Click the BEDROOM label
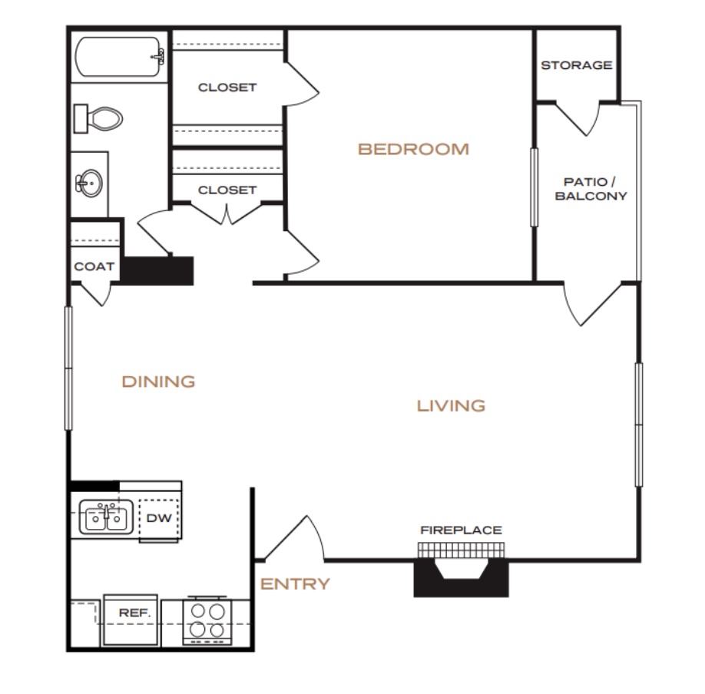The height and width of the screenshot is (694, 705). point(413,149)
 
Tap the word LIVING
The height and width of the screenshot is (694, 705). point(451,406)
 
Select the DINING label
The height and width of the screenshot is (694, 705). point(158,382)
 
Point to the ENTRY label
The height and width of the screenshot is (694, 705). point(295,584)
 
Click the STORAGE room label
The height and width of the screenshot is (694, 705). point(577,65)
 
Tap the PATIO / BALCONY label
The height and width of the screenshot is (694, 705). point(591,189)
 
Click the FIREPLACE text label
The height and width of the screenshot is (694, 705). point(461,530)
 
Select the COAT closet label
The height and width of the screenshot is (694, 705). point(94,266)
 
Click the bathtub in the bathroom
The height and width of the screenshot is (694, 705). point(119,57)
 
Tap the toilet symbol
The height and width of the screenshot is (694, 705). point(98,119)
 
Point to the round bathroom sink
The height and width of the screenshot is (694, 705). point(90,183)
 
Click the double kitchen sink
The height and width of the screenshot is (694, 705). point(106,517)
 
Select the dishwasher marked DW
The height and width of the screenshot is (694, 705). point(159,519)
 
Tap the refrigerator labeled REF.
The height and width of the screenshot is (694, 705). point(131,620)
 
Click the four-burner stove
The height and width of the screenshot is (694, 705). point(207,620)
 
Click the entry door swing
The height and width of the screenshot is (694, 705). point(294,538)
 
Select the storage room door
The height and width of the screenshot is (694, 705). point(578,118)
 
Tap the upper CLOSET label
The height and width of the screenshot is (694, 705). point(227,88)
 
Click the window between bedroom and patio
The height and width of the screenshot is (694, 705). point(535,187)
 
